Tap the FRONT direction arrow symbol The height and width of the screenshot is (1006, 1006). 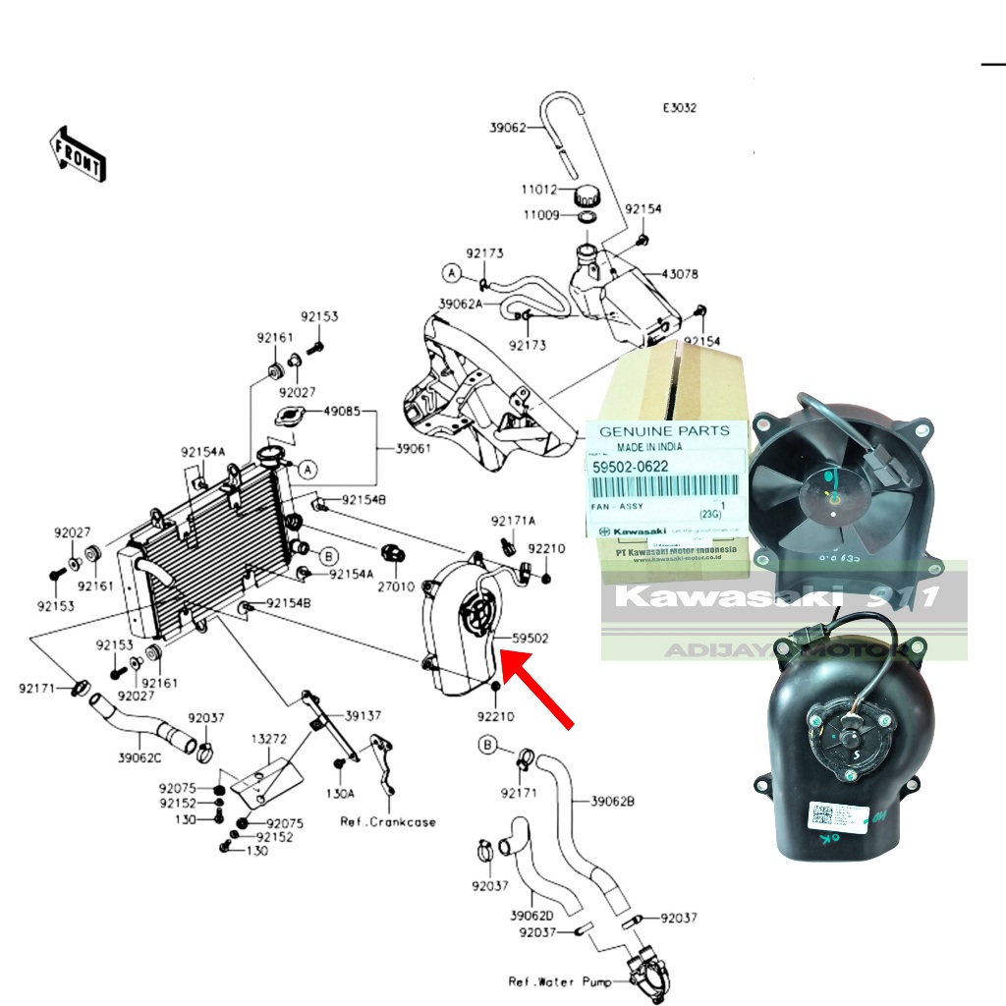tap(78, 153)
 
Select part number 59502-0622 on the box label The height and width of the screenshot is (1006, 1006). tap(631, 466)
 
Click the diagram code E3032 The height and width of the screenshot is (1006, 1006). tap(679, 108)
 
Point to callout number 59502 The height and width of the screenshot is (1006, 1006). tap(530, 639)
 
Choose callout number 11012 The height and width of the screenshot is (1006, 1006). tap(538, 190)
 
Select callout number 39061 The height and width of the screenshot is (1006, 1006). tap(414, 449)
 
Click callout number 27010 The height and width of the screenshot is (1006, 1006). tap(397, 584)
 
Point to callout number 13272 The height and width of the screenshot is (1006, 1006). tap(268, 737)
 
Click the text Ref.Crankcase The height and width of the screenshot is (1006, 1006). tap(388, 821)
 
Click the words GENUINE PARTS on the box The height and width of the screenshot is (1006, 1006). tap(664, 430)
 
